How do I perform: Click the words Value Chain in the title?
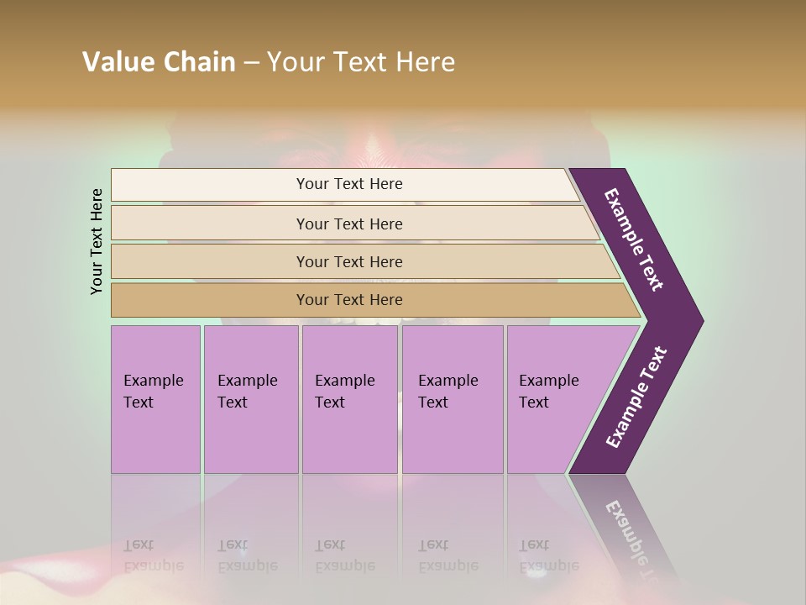(x=159, y=62)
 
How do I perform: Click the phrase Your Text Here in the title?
(x=361, y=62)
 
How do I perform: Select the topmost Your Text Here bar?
(x=348, y=184)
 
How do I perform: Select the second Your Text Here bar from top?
(x=348, y=224)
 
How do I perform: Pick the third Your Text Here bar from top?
(x=348, y=261)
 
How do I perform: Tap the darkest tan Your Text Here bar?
(x=348, y=300)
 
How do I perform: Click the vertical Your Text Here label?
(x=97, y=241)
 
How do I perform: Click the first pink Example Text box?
(x=155, y=398)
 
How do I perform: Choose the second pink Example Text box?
(x=250, y=398)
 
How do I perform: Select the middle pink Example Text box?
(x=349, y=398)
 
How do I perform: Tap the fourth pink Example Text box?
(x=452, y=398)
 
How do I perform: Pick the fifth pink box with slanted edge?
(x=554, y=398)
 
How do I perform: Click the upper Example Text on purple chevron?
(x=634, y=239)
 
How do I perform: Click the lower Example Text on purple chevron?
(x=636, y=397)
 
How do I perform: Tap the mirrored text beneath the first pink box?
(x=153, y=555)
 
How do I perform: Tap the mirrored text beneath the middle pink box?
(x=344, y=555)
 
